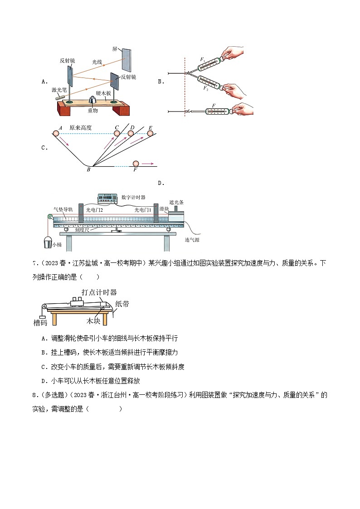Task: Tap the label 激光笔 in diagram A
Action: [59, 90]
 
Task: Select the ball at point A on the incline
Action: [56, 133]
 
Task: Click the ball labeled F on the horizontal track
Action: [135, 163]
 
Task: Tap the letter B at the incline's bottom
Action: [88, 170]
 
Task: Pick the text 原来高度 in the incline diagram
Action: [80, 128]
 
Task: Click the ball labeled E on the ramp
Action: [150, 133]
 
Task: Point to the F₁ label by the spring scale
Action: [203, 59]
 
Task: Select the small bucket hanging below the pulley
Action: [47, 242]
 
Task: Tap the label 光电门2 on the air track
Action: [94, 210]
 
